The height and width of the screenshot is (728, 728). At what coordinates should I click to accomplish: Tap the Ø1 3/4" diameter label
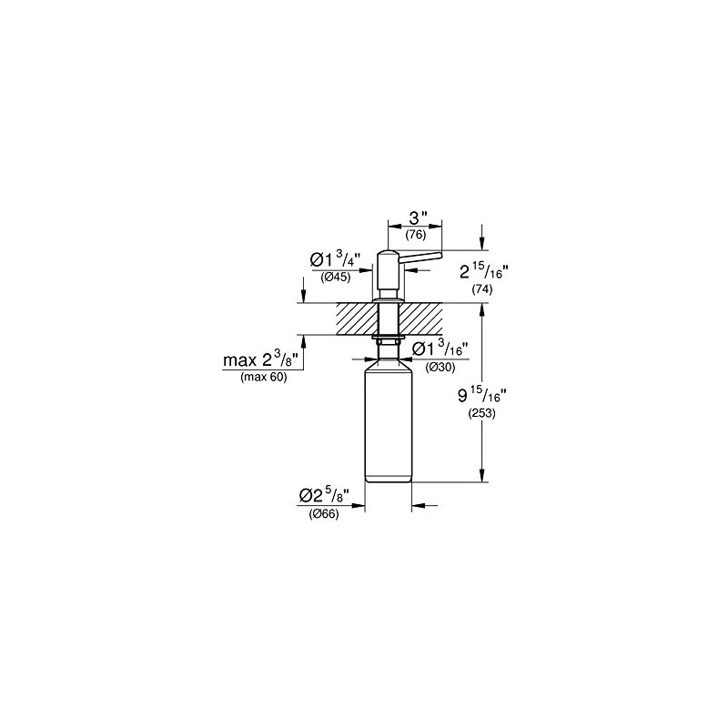[336, 260]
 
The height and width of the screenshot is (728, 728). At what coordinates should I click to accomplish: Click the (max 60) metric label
[263, 377]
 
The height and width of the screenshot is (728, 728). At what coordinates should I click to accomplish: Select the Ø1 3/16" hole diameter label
[441, 349]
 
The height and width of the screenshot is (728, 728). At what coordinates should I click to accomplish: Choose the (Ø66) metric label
[324, 514]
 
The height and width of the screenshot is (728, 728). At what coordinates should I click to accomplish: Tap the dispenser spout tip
[436, 260]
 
